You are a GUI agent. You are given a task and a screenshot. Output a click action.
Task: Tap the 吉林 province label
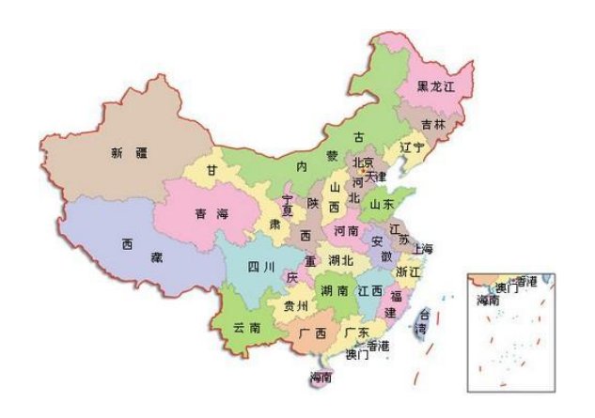[433, 124]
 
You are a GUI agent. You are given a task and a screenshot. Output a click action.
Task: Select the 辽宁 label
[412, 148]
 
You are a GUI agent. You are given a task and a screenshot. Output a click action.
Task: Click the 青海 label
[208, 214]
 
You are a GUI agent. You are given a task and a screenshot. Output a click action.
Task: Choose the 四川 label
[260, 267]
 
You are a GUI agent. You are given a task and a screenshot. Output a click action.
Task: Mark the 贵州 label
[295, 306]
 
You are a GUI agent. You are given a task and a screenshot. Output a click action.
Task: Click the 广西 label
[312, 333]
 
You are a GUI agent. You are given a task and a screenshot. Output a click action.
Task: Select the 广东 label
[356, 333]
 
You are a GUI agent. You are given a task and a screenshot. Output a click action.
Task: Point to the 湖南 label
[333, 290]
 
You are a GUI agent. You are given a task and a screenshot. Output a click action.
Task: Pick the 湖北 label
[340, 259]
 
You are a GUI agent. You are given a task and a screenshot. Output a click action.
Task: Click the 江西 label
[370, 290]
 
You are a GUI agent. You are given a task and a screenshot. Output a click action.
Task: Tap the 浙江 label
[410, 271]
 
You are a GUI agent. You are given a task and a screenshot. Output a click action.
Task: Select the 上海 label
[422, 249]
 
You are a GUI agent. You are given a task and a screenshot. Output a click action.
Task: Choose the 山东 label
[381, 203]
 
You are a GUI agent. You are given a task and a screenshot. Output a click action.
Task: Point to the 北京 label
[363, 163]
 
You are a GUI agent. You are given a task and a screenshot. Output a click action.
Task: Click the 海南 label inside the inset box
[488, 300]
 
